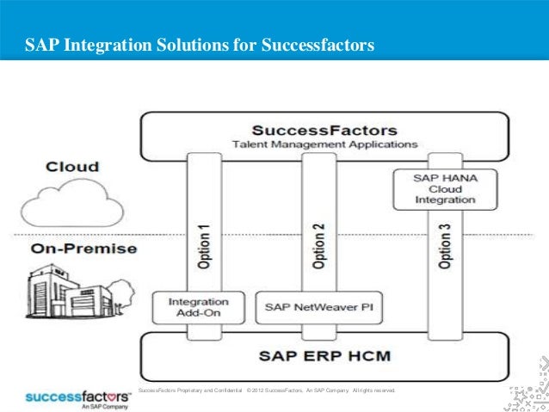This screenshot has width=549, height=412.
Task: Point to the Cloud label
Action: pos(72,167)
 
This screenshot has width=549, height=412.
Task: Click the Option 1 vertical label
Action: pos(203,248)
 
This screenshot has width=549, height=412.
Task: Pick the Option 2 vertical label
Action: pos(318,248)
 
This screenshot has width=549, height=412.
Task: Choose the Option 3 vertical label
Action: pos(445,248)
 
